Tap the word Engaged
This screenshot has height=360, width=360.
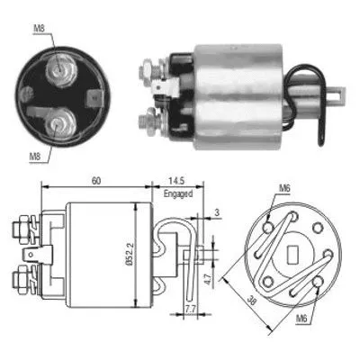pos(176,192)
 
